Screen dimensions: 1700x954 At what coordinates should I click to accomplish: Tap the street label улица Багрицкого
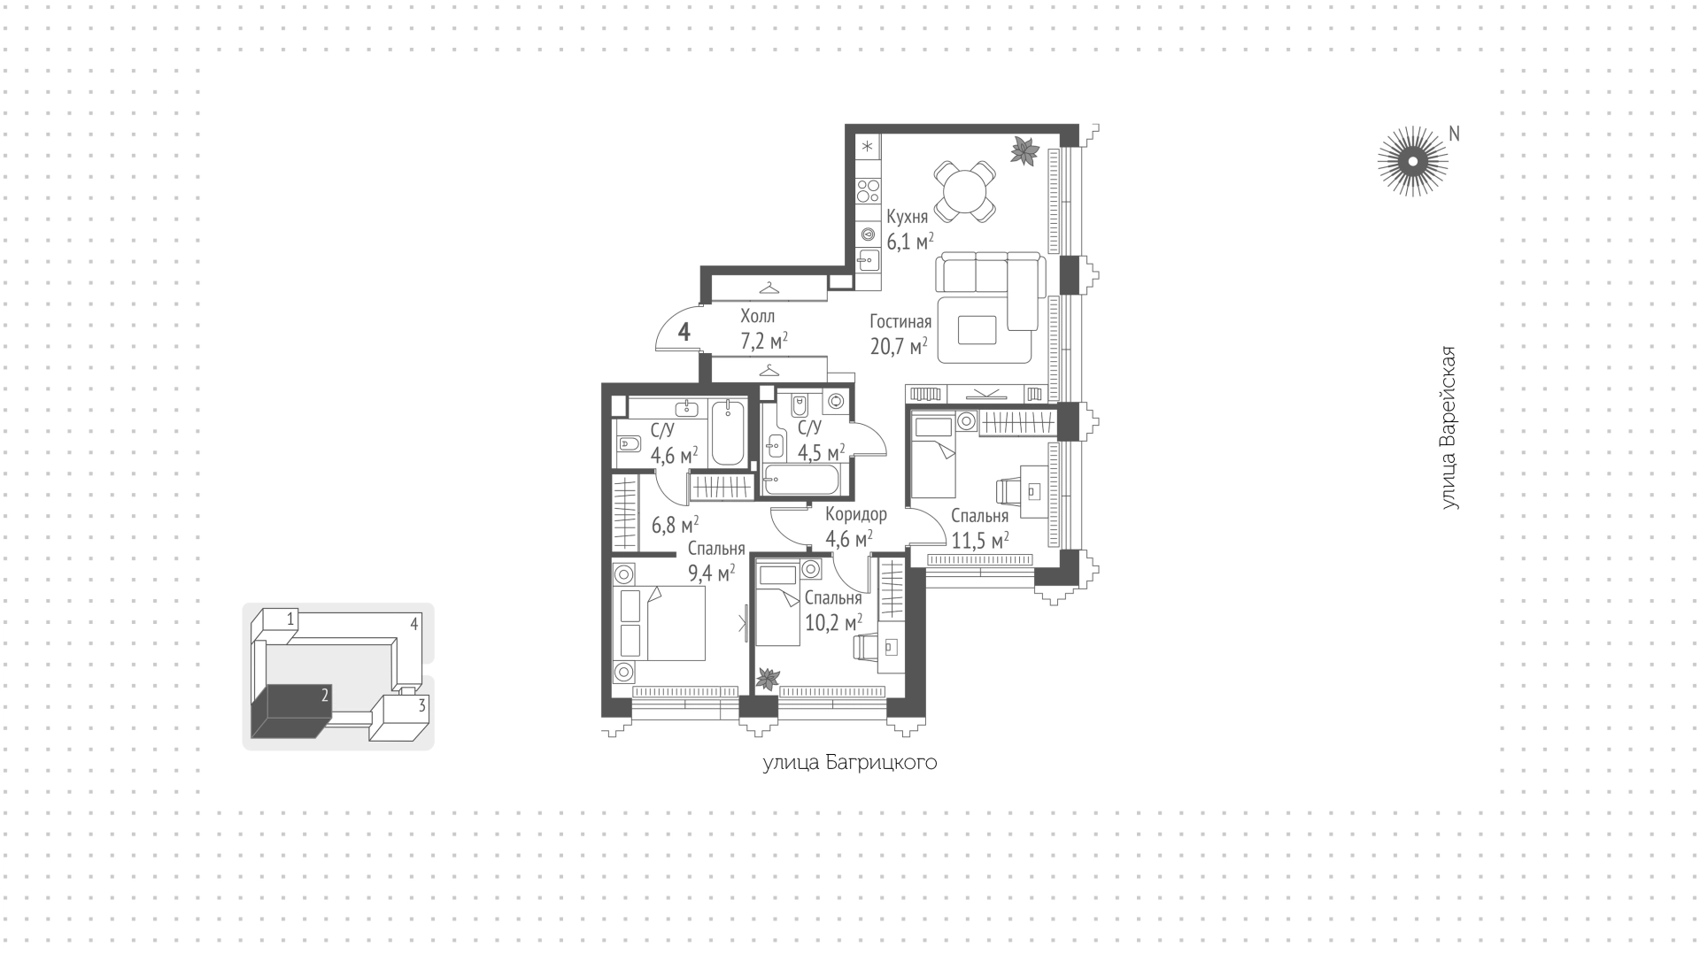(850, 764)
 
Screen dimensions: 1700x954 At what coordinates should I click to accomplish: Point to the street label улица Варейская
(1449, 428)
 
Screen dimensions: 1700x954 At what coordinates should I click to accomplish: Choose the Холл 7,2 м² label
(763, 327)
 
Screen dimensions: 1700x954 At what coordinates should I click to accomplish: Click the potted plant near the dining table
(1025, 150)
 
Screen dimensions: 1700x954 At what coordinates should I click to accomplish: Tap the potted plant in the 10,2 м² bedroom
(767, 679)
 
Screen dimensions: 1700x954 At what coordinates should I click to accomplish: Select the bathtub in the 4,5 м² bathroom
(801, 481)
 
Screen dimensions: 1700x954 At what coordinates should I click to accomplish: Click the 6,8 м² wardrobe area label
(675, 525)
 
